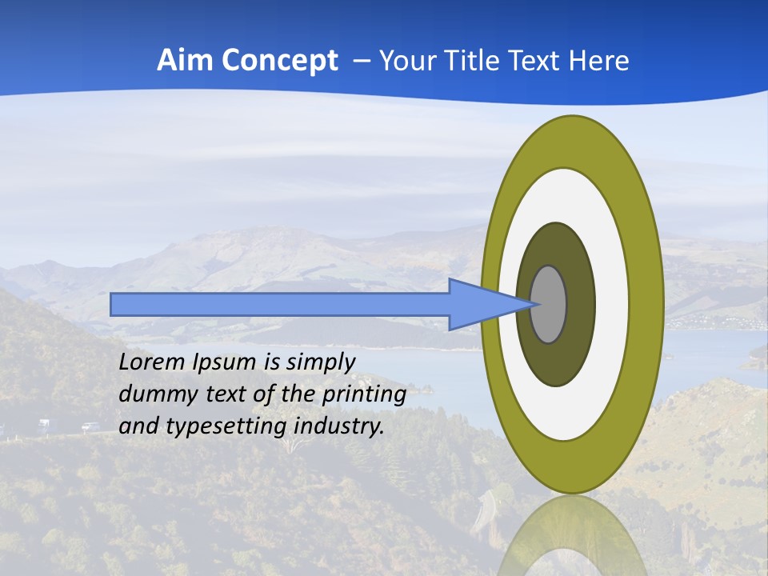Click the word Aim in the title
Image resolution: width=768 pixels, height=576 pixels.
182,61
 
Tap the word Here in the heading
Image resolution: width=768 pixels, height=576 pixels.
598,61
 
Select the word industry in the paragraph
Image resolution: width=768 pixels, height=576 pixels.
339,426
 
